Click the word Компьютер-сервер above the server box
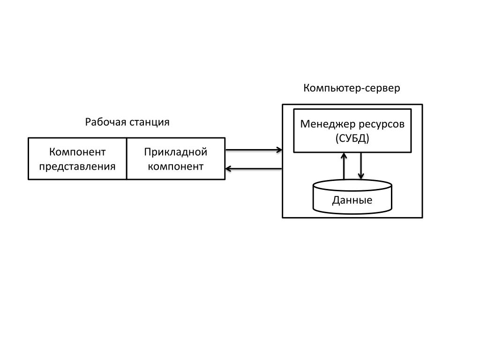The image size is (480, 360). click(352, 88)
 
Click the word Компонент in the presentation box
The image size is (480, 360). click(77, 152)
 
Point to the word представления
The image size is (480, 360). click(77, 166)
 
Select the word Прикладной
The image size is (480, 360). click(176, 152)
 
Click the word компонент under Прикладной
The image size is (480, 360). click(176, 166)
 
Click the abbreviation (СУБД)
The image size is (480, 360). click(352, 138)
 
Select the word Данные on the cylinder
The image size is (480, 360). click(352, 201)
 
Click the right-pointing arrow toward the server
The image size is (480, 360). click(253, 150)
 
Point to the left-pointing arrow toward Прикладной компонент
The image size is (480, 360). click(253, 169)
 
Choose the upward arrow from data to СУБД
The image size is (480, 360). click(344, 166)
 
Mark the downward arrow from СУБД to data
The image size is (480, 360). click(360, 166)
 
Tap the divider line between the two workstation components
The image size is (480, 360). click(127, 158)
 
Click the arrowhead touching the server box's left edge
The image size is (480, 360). click(279, 150)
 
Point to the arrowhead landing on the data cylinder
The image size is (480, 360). click(360, 177)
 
